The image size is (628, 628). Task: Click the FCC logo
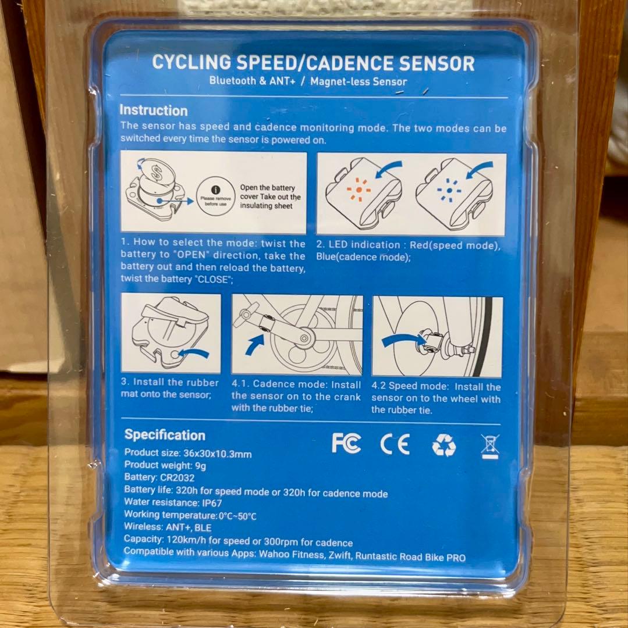coord(346,443)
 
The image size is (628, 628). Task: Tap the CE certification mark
coord(395,444)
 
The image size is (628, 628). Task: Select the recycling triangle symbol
coord(444,445)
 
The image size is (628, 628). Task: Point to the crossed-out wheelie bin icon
coord(490,446)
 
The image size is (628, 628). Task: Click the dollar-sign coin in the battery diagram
coord(157,174)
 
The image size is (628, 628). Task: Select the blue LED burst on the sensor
coord(449,191)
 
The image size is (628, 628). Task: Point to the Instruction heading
coord(154,110)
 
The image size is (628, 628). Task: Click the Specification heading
coord(165,435)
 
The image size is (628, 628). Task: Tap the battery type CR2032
coord(177,478)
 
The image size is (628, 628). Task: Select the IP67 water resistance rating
coord(211,503)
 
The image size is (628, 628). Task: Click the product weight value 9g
coord(200,466)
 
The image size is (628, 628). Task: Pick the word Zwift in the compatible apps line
coord(339,556)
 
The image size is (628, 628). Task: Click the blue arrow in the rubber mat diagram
coord(193,353)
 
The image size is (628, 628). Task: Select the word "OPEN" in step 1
coord(191,255)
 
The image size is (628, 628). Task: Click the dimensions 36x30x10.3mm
coord(218,454)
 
